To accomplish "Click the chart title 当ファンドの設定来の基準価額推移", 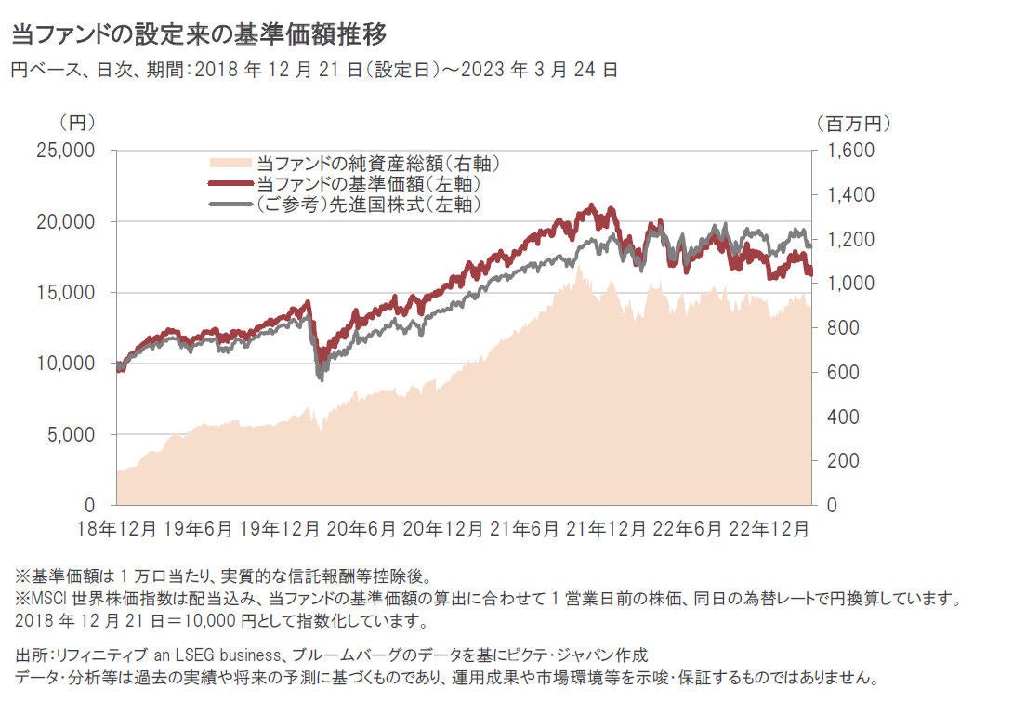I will click(x=197, y=35).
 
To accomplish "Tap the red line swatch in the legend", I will click(x=231, y=184).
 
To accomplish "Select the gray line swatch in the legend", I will click(x=231, y=205).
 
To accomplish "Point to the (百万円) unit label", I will click(x=853, y=122).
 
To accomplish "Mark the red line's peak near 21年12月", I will click(x=592, y=206).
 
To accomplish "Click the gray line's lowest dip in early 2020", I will click(x=321, y=377).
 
